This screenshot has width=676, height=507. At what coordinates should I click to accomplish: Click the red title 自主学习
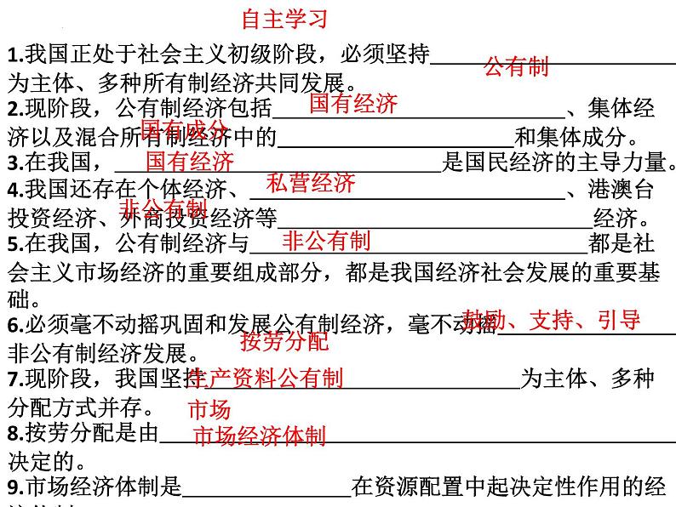[x=284, y=18]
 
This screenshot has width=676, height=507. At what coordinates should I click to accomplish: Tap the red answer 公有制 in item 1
[x=516, y=66]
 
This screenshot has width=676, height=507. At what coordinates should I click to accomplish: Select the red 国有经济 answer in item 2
[x=352, y=105]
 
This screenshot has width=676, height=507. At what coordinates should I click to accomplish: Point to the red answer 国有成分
[x=184, y=129]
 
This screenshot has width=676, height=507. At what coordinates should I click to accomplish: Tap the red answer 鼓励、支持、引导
[x=552, y=321]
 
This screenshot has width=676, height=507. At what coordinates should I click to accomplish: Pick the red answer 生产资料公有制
[x=265, y=378]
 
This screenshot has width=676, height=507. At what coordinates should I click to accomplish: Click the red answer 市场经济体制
[x=260, y=437]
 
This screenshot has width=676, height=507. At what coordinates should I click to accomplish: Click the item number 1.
[x=12, y=57]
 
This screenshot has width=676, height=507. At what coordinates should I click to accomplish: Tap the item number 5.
[x=12, y=245]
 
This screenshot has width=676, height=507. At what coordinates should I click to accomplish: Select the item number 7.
[x=12, y=379]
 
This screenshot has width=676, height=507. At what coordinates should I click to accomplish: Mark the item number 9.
[x=12, y=487]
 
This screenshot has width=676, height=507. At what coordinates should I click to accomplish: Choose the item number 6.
[x=12, y=326]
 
